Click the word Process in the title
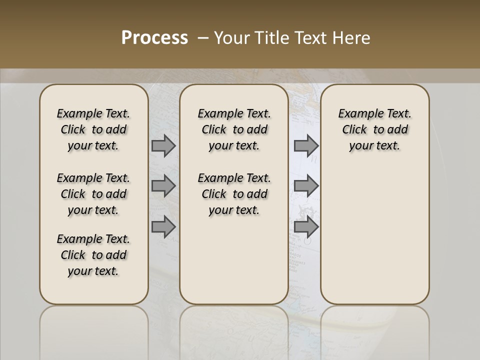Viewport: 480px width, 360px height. [x=154, y=38]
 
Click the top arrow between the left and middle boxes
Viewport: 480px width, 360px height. [x=163, y=146]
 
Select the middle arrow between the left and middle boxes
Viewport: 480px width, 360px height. [x=163, y=186]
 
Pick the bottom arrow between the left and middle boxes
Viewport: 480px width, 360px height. [x=163, y=226]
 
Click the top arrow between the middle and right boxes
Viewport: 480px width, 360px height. [x=306, y=146]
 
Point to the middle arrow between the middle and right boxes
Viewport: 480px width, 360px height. [x=306, y=186]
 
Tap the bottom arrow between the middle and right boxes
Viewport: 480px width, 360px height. [x=306, y=226]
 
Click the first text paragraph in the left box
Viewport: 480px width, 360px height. [x=93, y=129]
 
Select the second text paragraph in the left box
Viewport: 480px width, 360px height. [x=93, y=194]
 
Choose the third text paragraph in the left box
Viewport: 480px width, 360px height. [x=93, y=255]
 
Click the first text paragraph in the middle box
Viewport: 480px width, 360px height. [x=234, y=129]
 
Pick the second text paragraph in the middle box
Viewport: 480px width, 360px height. [x=234, y=194]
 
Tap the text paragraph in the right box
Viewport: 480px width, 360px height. [x=374, y=129]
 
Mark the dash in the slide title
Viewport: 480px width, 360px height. [x=203, y=38]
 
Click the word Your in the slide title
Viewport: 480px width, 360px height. [x=232, y=38]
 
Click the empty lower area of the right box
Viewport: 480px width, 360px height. [x=374, y=235]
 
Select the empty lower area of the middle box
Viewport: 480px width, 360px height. [x=234, y=260]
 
